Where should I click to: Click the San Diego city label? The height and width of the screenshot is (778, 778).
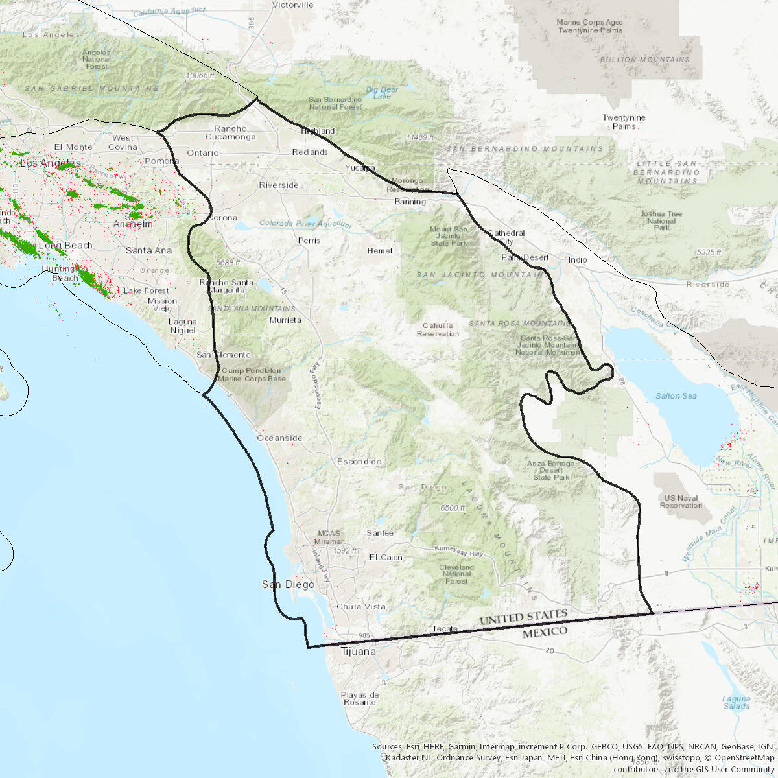[288, 584]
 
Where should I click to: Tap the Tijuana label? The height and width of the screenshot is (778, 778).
[358, 651]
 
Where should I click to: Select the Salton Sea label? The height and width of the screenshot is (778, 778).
[676, 395]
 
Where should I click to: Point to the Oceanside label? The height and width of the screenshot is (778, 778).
[279, 438]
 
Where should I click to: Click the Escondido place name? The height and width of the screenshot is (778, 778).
[359, 461]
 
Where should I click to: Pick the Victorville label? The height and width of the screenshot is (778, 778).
[292, 5]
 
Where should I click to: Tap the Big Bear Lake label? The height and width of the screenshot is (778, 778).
[382, 93]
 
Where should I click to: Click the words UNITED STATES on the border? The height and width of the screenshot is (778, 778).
[523, 617]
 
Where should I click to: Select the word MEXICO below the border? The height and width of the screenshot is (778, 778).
[545, 631]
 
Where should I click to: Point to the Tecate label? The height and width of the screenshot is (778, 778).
[445, 628]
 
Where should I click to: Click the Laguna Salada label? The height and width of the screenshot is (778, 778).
[737, 702]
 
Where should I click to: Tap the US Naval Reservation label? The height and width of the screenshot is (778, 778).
[681, 501]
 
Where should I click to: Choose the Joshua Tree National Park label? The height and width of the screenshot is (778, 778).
[661, 220]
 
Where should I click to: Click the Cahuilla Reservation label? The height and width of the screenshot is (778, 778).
[438, 329]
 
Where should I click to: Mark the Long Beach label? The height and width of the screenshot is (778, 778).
[65, 245]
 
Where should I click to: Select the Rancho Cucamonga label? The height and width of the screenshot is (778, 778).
[230, 132]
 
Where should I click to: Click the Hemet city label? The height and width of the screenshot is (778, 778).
[379, 250]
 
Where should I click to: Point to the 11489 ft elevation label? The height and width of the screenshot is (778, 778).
[419, 137]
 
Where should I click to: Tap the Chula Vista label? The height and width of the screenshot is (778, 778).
[360, 606]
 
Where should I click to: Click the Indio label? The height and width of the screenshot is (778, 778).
[578, 259]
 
